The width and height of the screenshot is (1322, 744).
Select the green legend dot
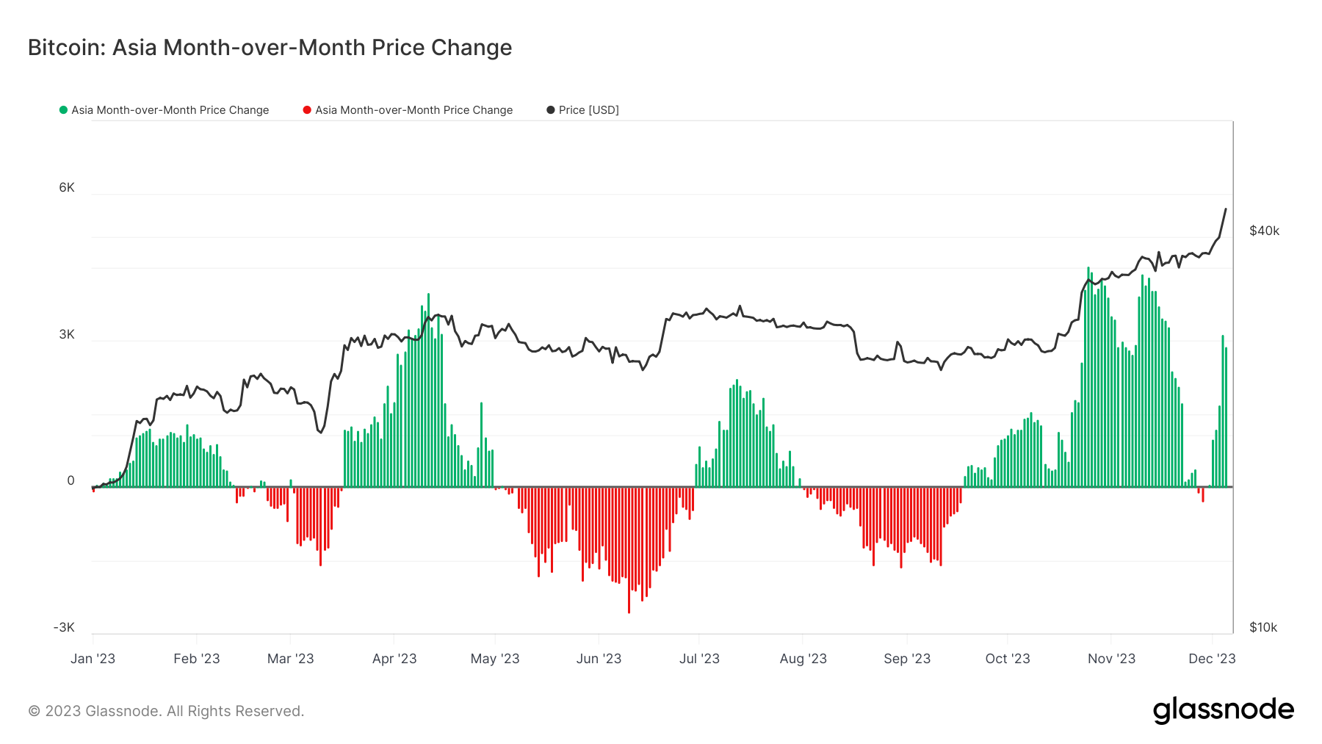63,110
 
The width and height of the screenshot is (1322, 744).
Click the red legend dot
307,110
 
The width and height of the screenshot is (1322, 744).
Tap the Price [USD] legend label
589,110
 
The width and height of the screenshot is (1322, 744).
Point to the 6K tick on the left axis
67,188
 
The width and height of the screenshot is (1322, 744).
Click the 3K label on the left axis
67,335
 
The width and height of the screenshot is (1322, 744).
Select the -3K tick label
64,627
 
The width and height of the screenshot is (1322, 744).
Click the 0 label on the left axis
71,481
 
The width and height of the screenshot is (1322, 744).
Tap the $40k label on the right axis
1265,231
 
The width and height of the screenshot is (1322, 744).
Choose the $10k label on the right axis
1264,627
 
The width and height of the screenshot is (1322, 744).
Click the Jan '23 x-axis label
93,659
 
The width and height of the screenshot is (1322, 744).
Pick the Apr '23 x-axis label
394,659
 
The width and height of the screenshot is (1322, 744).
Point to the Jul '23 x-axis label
699,659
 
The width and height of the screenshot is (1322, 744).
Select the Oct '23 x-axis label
1008,659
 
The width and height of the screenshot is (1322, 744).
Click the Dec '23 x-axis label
1212,659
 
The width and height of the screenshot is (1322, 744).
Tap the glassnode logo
1224,710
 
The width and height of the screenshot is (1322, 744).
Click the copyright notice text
166,711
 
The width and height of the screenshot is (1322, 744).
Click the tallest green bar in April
428,390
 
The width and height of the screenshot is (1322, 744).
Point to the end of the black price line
1226,209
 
